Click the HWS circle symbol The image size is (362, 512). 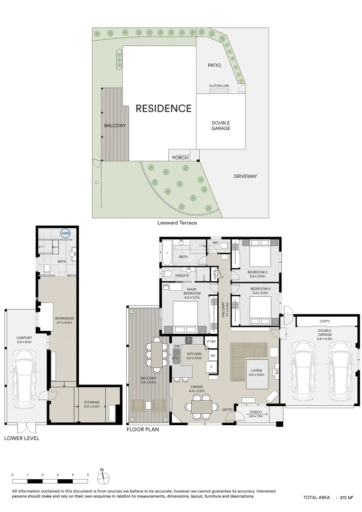tap(65, 233)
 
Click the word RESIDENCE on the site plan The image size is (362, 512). tap(163, 108)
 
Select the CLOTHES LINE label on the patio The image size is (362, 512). tap(219, 85)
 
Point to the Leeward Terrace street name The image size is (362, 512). tap(177, 222)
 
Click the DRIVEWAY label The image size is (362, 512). tap(245, 176)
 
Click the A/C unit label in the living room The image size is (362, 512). tap(277, 373)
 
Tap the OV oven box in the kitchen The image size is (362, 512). tap(212, 356)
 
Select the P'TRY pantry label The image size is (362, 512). tap(211, 342)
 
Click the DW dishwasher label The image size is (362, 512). tap(177, 347)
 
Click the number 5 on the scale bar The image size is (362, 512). tap(88, 474)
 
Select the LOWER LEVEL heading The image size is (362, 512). tap(21, 438)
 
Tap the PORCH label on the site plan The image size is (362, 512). tap(180, 157)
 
